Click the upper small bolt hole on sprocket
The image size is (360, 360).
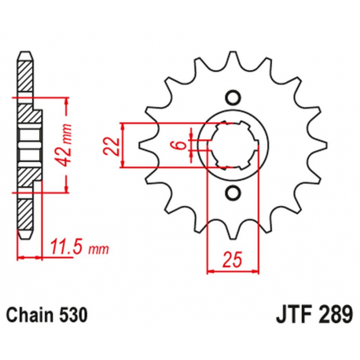coord(232,98)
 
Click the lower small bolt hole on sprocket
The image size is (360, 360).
coord(232,193)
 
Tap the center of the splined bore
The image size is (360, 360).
coord(232,145)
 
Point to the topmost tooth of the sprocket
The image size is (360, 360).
coord(232,57)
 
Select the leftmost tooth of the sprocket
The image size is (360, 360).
coord(143,146)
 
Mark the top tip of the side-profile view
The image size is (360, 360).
coord(27,57)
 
